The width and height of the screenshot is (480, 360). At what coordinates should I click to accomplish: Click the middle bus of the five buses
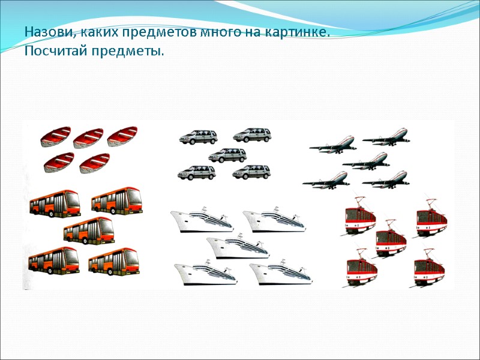coord(88,230)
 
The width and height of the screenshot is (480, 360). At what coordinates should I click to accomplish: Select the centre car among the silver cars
coord(227,155)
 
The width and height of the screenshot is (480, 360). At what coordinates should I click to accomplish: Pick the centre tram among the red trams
coord(391,241)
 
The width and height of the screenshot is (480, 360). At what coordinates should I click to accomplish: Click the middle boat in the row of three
coord(88,139)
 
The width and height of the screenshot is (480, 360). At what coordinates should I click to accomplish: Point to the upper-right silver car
coord(252,134)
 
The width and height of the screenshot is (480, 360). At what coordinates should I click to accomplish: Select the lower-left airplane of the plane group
coord(326,179)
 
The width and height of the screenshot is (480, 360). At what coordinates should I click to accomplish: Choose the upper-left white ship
coord(202,220)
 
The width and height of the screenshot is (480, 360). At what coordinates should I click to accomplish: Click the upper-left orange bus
coord(55,202)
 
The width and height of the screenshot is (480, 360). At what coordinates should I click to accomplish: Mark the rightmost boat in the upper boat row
coord(122,136)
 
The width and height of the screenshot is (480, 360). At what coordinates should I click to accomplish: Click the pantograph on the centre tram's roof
coord(391,223)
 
